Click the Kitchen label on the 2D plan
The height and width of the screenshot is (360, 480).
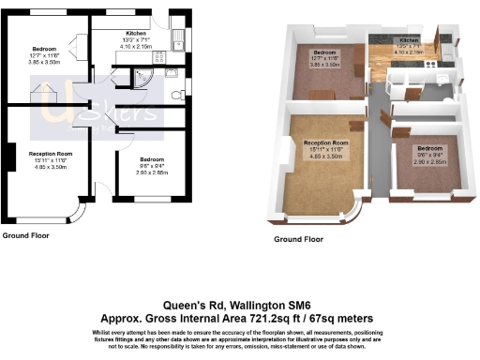pos(136,33)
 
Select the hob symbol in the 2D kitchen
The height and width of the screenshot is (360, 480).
pos(172,71)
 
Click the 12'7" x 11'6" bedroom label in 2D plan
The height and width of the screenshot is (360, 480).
pos(46,54)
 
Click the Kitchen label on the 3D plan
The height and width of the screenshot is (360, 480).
pos(408,41)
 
